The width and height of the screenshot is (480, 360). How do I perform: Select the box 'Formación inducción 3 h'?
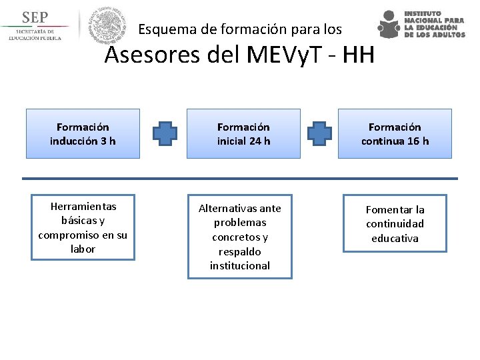[83, 133]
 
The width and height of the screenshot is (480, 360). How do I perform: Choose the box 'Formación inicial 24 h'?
[243, 133]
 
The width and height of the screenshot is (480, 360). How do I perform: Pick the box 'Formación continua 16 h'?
[395, 133]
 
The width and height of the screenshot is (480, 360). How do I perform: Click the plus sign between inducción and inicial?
[165, 133]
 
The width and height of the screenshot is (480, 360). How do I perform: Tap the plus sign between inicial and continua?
[319, 133]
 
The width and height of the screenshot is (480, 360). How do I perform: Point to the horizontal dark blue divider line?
[240, 179]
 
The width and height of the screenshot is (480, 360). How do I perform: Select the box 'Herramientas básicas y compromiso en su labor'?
[83, 227]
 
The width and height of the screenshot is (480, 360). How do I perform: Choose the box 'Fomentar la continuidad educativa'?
[395, 224]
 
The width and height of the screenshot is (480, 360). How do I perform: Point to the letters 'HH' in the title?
[358, 55]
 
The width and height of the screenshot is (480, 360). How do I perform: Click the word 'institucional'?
[240, 265]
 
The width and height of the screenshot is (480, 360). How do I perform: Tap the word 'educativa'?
[395, 238]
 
